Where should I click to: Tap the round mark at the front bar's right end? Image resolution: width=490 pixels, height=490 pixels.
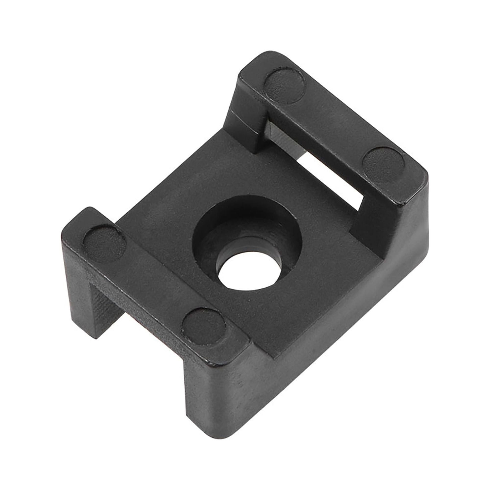pyautogui.click(x=204, y=325)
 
